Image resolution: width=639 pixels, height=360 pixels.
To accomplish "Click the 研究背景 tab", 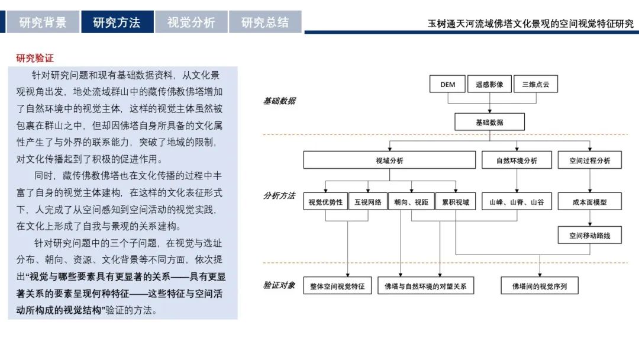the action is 43,22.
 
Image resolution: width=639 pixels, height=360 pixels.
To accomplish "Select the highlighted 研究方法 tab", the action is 117,22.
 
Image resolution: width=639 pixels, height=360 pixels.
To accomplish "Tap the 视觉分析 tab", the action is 191,22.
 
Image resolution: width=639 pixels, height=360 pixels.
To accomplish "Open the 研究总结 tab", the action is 265,22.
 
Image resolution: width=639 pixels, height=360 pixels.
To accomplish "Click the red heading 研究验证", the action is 35,58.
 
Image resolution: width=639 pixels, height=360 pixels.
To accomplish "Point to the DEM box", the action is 447,85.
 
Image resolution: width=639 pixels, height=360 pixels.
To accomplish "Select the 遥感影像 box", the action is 489,85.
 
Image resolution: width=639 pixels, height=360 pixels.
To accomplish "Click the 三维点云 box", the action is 535,85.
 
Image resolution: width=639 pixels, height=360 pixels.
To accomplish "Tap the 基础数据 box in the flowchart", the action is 489,122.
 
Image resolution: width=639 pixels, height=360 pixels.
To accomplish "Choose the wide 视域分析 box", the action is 389,160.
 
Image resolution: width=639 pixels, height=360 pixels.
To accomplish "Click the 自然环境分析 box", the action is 517,160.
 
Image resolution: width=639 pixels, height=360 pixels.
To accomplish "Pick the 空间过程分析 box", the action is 590,160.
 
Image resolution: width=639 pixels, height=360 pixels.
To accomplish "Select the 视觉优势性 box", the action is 325,201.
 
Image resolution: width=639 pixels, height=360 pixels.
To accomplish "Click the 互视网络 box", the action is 368,201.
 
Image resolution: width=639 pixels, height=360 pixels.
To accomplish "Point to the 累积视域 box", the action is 456,201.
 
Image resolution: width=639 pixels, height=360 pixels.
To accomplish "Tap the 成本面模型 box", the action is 590,201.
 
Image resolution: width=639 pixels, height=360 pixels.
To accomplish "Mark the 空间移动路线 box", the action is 590,235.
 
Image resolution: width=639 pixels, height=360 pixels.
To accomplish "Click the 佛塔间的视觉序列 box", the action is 540,286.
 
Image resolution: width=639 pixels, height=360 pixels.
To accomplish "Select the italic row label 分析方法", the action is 279,196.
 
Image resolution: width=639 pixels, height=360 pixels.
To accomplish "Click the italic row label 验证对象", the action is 279,285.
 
